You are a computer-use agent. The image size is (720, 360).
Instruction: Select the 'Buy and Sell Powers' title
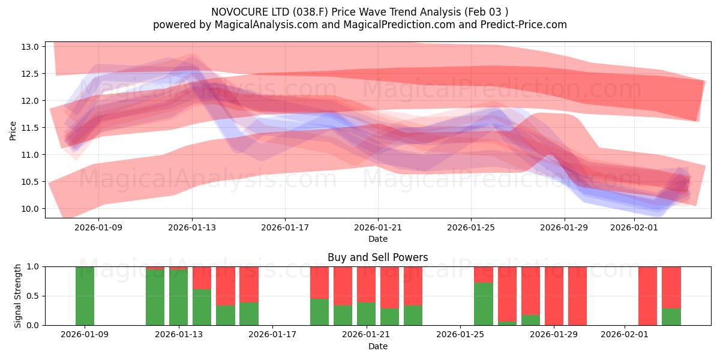click(x=377, y=257)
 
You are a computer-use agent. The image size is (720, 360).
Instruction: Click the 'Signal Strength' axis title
click(x=18, y=295)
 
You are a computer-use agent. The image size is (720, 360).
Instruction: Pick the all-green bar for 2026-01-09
click(x=85, y=296)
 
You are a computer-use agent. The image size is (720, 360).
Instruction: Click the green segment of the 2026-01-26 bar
click(x=484, y=304)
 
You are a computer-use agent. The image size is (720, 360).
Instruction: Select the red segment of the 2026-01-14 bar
click(x=202, y=277)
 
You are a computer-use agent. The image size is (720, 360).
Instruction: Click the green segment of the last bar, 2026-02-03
click(x=671, y=317)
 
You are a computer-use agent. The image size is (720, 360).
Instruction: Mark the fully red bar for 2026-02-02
click(x=647, y=296)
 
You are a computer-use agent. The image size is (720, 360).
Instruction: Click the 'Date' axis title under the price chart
click(x=377, y=239)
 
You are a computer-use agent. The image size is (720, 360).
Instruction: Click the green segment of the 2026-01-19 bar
click(x=319, y=312)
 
